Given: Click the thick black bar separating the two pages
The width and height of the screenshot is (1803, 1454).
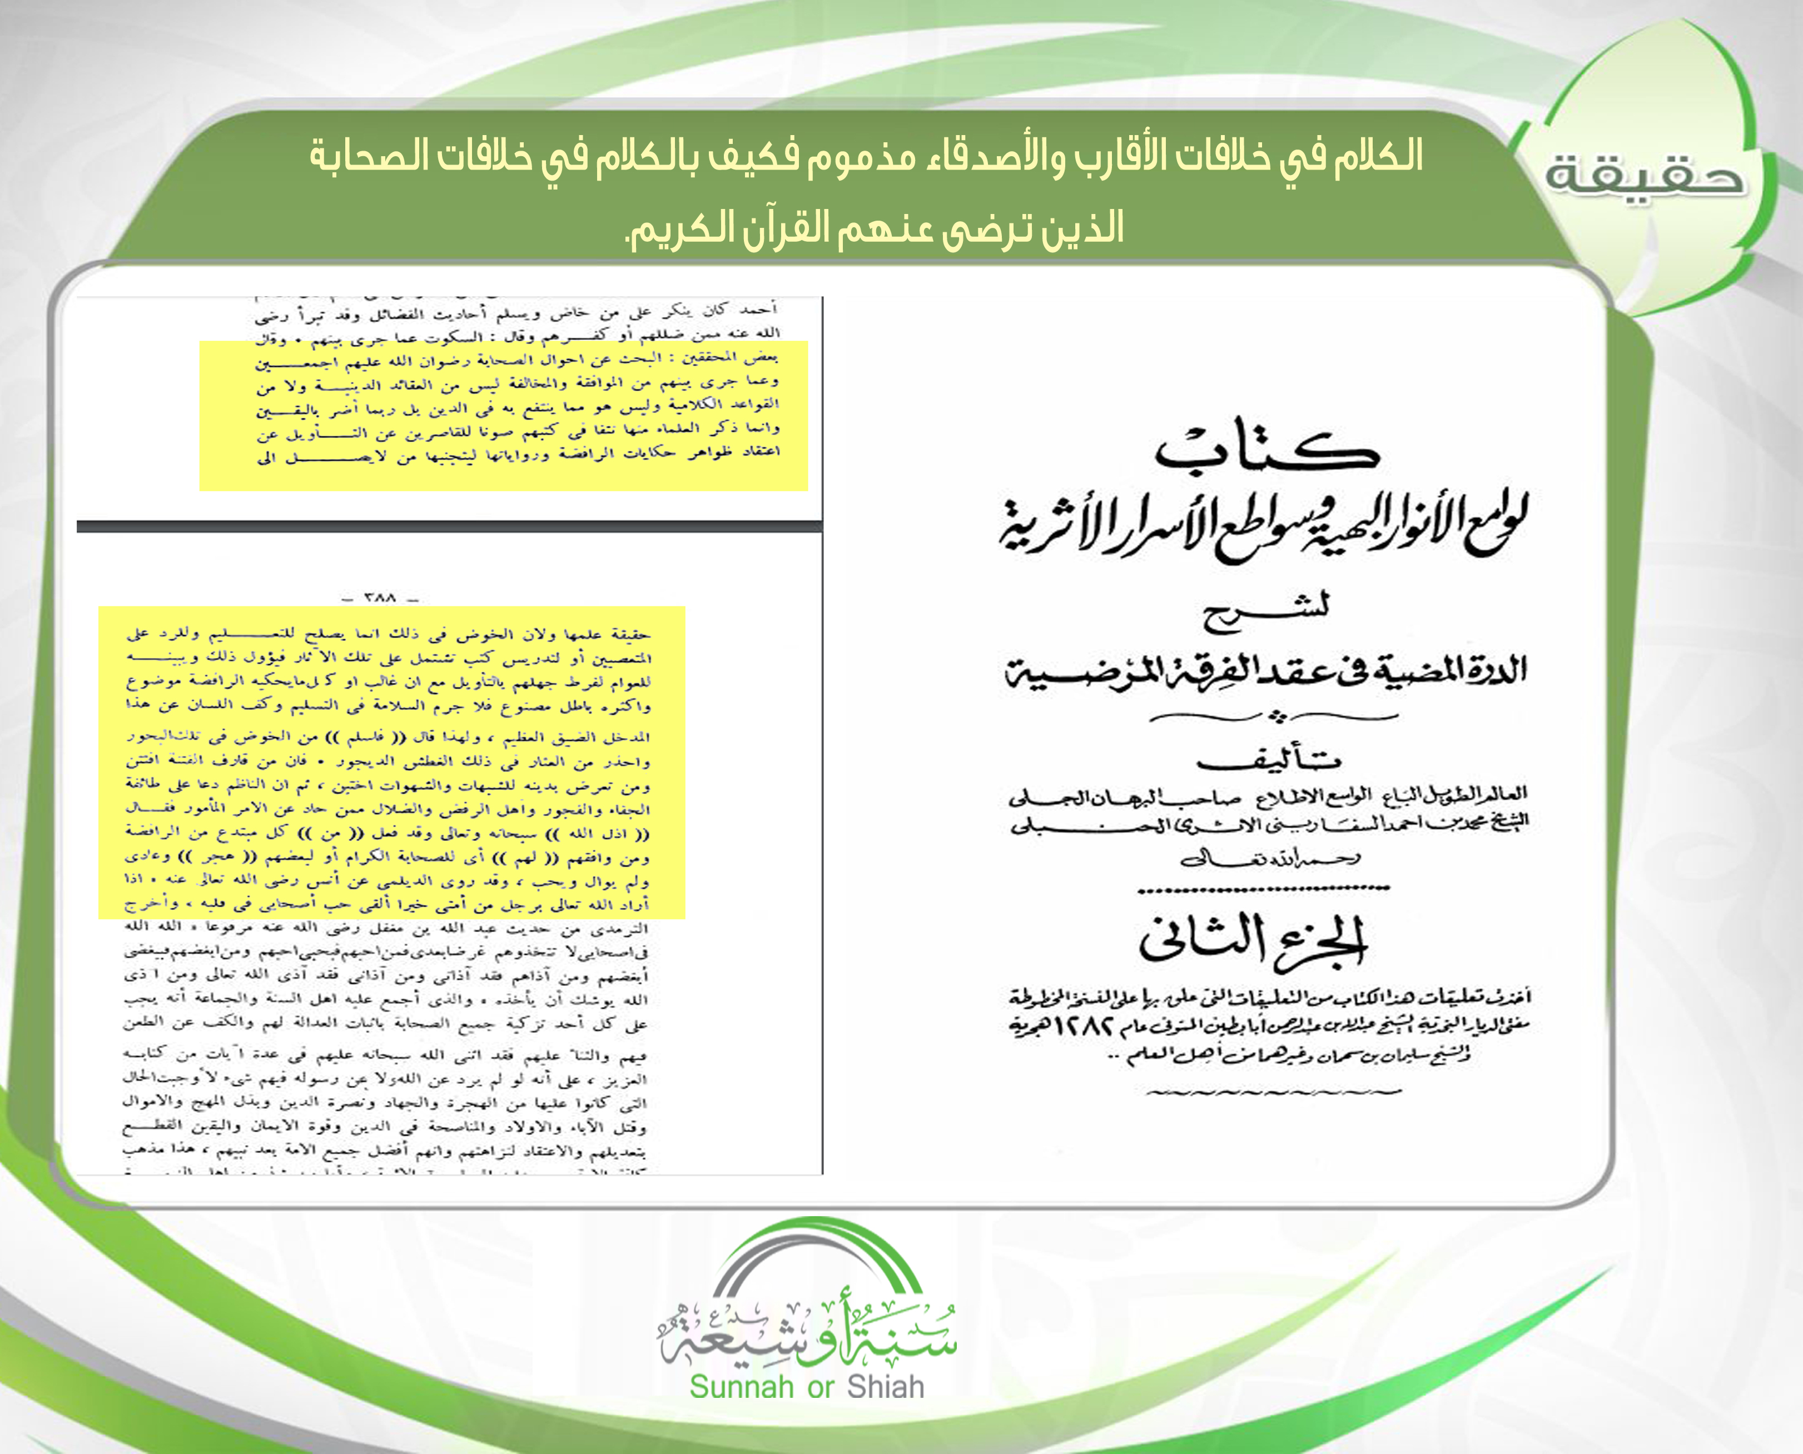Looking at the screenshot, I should point(449,526).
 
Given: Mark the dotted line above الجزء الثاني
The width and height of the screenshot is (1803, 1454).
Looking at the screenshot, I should point(1264,888).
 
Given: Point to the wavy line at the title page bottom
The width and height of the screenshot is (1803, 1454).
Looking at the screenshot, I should point(1272,1092).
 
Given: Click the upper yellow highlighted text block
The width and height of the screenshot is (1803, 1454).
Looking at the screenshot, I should point(503,415).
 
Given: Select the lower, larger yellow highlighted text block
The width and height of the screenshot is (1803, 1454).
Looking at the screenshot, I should point(391,762).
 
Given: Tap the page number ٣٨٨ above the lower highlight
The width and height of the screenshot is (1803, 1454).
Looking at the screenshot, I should point(380,599).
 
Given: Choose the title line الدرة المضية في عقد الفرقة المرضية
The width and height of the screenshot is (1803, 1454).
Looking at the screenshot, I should point(1265,670).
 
